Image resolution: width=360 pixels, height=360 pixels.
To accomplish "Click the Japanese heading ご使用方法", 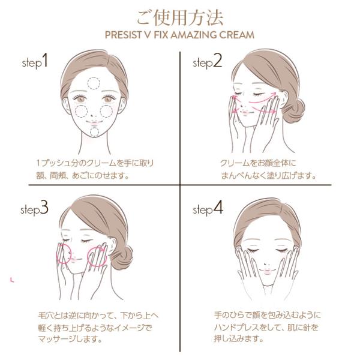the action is tap(180, 18).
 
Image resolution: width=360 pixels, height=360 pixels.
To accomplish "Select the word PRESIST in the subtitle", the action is tap(123, 35).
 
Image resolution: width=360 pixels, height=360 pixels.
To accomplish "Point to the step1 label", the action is tap(35, 62).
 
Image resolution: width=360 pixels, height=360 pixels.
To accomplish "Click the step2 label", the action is tap(208, 62).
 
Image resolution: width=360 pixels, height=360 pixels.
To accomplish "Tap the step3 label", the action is tap(34, 208).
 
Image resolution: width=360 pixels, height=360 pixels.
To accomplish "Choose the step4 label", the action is tap(208, 208).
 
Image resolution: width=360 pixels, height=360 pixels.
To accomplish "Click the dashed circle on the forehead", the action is tap(94, 77).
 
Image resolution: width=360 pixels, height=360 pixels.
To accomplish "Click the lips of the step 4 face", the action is tap(266, 271).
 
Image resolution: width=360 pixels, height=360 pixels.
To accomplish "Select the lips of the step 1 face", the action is tap(94, 122).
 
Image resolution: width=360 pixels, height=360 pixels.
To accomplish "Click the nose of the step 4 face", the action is tap(266, 263).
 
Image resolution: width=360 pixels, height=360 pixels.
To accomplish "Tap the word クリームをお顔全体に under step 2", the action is tap(258, 163).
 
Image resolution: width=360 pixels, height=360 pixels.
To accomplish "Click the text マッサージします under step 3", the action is tap(70, 339).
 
